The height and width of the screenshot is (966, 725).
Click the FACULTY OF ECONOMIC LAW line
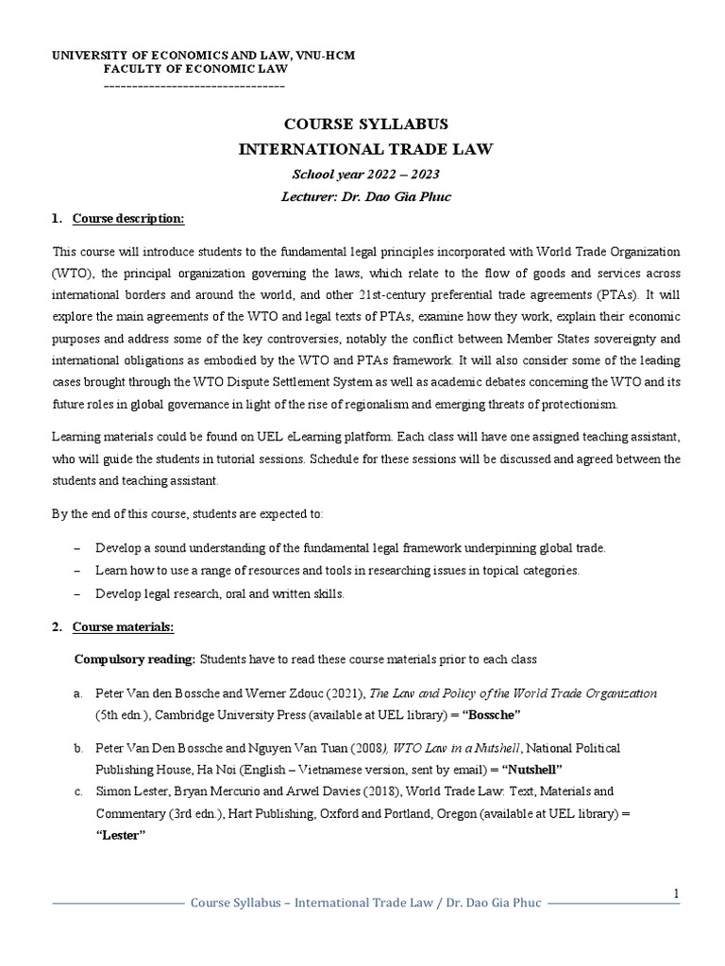(x=195, y=69)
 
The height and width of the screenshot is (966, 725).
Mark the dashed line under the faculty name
(x=193, y=85)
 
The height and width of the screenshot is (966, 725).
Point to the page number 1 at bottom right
(x=676, y=893)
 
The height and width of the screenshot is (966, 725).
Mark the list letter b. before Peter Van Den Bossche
(x=78, y=748)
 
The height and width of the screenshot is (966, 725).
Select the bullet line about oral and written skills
(x=220, y=594)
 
